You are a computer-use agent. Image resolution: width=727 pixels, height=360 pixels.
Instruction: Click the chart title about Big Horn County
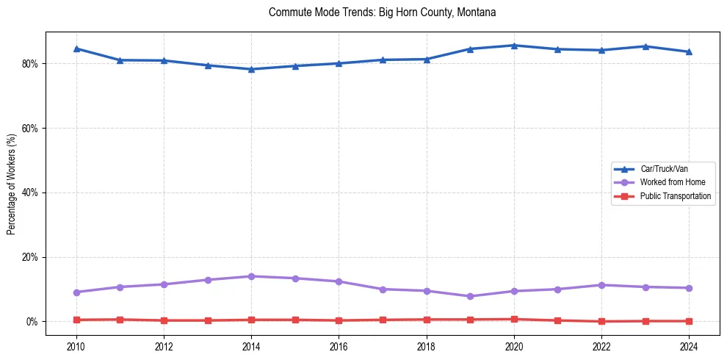382,12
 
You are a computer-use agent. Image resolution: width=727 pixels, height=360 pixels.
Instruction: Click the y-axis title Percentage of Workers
12,183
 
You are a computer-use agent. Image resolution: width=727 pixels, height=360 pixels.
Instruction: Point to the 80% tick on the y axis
30,64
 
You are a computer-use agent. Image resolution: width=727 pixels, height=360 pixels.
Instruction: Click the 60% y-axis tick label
30,128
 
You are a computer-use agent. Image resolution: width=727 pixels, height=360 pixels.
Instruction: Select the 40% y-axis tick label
30,192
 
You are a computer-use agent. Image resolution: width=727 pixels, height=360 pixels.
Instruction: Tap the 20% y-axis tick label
30,257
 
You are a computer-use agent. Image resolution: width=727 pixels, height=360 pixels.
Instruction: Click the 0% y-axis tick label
32,322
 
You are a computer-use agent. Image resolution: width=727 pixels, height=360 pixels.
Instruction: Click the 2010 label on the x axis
76,347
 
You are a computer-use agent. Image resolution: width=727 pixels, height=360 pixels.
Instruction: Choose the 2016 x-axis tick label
339,347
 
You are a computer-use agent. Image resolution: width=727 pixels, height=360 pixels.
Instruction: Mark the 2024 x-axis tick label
689,347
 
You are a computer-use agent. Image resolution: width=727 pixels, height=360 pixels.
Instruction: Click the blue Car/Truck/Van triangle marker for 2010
76,48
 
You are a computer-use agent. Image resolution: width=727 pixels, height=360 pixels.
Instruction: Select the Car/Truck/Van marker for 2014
251,69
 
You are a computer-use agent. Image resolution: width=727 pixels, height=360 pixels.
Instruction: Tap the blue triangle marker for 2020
514,46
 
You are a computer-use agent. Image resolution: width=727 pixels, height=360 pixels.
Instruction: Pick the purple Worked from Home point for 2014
251,276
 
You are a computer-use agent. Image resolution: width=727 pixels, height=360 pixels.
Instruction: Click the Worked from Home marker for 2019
470,296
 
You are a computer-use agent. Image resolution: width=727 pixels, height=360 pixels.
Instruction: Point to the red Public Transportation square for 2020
514,320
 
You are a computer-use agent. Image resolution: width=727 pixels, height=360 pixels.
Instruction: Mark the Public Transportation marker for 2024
689,321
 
